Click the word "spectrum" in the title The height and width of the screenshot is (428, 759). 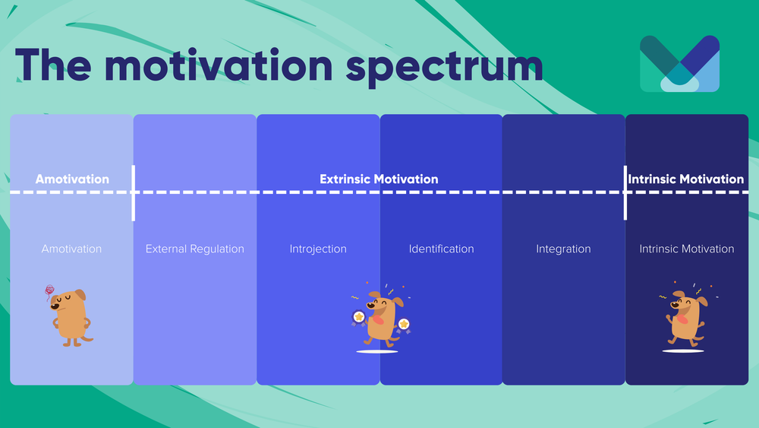[445, 67]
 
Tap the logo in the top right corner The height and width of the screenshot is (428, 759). [679, 64]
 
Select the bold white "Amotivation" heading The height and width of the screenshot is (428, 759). [72, 179]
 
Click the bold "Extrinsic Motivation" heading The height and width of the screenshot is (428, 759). [379, 179]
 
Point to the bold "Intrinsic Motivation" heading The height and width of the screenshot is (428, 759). [686, 179]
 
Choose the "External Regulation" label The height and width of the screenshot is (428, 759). [195, 249]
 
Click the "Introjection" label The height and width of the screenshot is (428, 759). [318, 249]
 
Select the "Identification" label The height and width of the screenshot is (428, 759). [441, 249]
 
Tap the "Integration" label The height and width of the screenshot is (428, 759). [563, 249]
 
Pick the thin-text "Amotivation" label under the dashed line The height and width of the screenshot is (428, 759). [71, 249]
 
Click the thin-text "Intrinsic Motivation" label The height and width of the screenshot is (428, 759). [686, 249]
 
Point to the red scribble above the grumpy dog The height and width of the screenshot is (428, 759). [51, 290]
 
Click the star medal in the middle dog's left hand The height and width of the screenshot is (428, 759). [357, 315]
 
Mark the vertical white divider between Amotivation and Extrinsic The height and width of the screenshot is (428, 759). [134, 193]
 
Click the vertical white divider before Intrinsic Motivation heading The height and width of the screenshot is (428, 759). [625, 193]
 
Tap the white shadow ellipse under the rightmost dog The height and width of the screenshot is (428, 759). [682, 351]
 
